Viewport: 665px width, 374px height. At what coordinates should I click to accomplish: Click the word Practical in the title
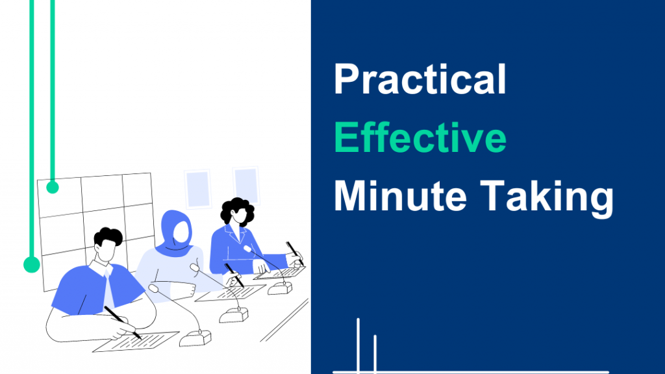click(x=420, y=81)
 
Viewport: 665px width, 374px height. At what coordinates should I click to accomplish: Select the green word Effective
click(x=420, y=138)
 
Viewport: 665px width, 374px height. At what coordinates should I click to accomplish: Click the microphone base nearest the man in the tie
click(x=195, y=338)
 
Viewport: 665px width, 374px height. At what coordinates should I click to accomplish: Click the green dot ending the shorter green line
click(x=53, y=188)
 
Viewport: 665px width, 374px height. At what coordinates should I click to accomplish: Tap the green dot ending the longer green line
click(x=31, y=264)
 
